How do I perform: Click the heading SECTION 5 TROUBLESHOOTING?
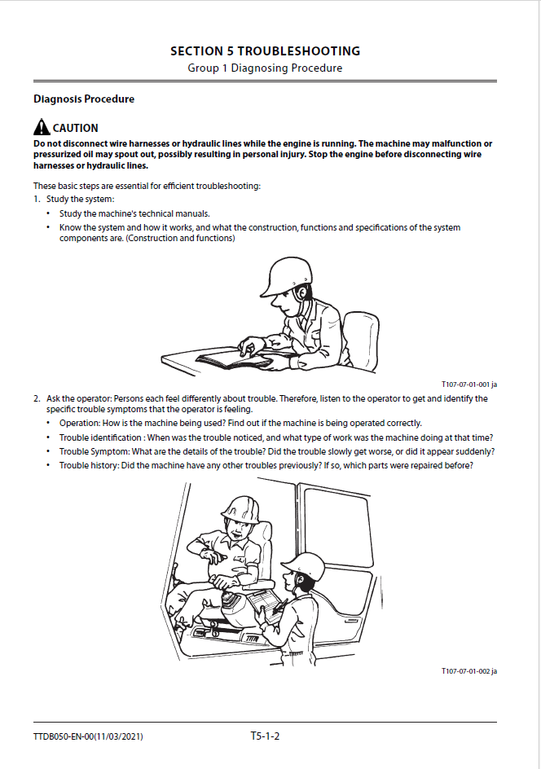265,51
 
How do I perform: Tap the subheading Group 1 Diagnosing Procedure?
265,68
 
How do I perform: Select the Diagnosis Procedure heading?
84,99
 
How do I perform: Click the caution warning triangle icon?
42,127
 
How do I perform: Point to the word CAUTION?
76,128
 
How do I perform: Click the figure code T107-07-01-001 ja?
469,384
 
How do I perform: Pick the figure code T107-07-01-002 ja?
469,670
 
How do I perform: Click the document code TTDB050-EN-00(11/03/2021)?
90,737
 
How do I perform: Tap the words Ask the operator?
76,398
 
